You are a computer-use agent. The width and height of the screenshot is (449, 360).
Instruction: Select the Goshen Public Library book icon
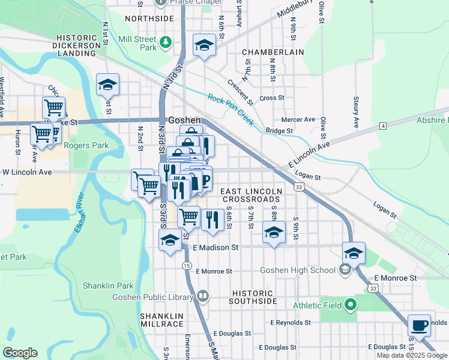click(203, 296)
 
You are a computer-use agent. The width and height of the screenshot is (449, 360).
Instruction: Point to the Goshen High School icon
click(345, 269)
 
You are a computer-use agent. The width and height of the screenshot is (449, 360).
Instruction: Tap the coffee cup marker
click(419, 326)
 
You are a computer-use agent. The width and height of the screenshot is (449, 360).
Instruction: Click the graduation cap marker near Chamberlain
click(204, 46)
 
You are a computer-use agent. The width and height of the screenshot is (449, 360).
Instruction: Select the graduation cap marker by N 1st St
click(107, 85)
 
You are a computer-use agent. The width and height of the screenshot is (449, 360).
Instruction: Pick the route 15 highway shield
click(187, 265)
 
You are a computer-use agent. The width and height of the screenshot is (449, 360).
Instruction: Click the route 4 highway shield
click(382, 126)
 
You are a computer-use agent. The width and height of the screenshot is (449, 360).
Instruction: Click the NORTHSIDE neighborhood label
click(149, 19)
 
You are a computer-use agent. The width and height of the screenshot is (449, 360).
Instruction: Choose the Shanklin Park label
click(116, 286)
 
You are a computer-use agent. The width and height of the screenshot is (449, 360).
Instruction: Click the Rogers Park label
click(86, 145)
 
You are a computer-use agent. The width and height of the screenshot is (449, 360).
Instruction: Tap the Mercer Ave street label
click(299, 119)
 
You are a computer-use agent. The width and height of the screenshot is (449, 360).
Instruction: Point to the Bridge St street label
click(279, 130)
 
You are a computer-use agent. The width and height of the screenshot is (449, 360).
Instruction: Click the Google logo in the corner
click(20, 353)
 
